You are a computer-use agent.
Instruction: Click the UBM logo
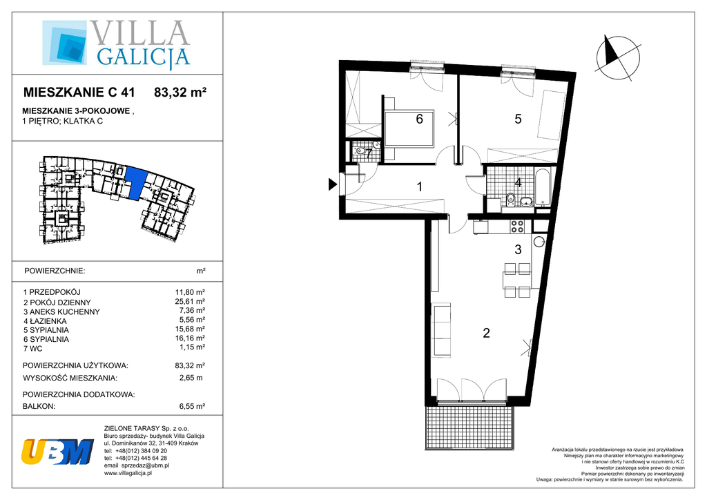tap(57, 451)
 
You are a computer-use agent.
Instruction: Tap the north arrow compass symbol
tap(617, 59)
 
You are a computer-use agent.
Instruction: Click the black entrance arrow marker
tap(333, 184)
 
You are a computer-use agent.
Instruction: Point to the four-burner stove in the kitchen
tap(516, 226)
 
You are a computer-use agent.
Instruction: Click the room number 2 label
tap(486, 333)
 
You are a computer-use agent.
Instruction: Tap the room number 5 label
tap(518, 119)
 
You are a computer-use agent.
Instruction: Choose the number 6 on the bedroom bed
tap(419, 119)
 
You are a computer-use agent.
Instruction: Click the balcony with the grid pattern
tap(469, 427)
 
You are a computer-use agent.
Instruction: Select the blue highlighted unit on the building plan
tap(137, 182)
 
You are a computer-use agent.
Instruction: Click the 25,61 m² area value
tap(191, 302)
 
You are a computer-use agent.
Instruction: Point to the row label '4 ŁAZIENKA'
tap(45, 321)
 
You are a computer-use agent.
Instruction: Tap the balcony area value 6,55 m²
tap(192, 406)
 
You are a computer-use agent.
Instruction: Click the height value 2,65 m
tap(191, 378)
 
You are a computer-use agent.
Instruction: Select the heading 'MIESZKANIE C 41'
tap(79, 93)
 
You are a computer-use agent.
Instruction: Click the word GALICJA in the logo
tap(143, 57)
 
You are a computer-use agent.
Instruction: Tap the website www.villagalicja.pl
tap(128, 473)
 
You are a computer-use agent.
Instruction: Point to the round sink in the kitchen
tap(539, 242)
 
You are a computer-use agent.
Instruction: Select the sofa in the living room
tap(442, 330)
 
